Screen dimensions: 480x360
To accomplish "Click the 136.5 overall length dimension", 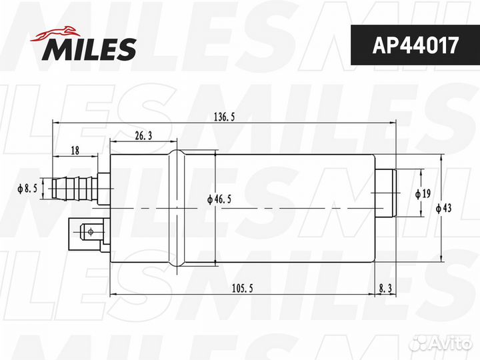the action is [x=225, y=117].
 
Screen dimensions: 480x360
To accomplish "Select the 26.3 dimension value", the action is [x=143, y=135].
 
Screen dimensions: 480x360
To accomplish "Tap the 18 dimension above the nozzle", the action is [x=75, y=150].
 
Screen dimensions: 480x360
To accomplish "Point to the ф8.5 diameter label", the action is [x=27, y=189].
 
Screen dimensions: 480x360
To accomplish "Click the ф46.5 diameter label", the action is [x=219, y=199].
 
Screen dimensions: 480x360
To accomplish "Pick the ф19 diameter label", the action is [x=423, y=193].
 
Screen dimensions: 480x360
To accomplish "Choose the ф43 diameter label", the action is [x=443, y=208].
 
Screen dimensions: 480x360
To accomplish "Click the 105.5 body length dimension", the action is [x=242, y=289].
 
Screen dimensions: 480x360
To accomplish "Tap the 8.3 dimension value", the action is [x=385, y=289].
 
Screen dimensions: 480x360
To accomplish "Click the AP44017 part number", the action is [x=415, y=45].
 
